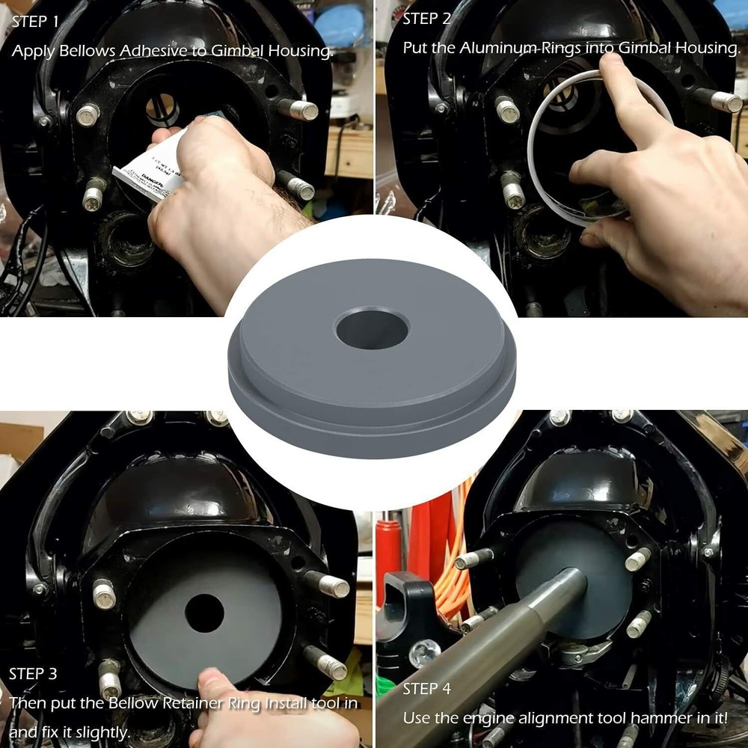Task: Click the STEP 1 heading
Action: pos(35,22)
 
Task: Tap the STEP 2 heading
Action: pos(427,19)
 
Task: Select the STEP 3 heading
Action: pos(33,674)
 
